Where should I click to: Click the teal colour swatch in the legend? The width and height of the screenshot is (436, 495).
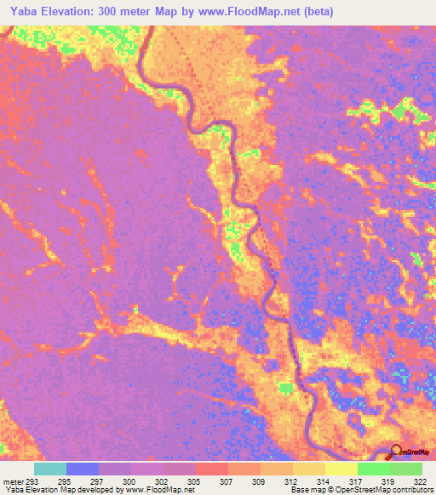50,469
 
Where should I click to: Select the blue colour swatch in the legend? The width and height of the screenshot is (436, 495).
83,469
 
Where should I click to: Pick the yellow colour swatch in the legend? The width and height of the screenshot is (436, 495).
341,469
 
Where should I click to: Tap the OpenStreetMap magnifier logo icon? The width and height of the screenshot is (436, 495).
397,452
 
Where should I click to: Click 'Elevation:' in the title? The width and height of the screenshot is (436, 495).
70,11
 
